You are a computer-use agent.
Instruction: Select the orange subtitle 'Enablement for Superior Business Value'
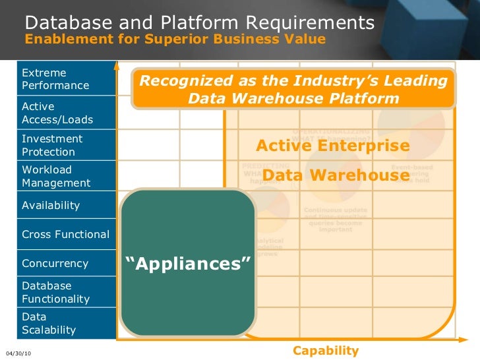tap(175, 39)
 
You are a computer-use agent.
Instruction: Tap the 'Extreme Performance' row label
tap(55, 79)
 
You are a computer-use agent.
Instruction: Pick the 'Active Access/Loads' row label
tap(57, 113)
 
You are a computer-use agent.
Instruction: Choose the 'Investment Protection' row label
tap(52, 145)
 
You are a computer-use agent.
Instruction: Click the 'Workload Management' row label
tap(56, 176)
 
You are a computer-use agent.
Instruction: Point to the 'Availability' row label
tap(51, 205)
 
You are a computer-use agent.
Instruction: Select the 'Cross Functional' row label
tap(65, 234)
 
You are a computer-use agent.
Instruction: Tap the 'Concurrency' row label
tap(55, 263)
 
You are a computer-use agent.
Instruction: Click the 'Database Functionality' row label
tap(55, 292)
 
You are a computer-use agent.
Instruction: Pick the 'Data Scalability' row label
tap(49, 323)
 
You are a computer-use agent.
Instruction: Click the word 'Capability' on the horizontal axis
tap(326, 350)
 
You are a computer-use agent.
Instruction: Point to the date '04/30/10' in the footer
tap(18, 353)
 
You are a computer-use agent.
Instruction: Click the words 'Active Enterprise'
tap(332, 145)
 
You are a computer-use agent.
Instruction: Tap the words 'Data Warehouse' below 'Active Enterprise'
tap(336, 175)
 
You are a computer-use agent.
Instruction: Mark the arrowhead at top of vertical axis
tap(117, 65)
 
